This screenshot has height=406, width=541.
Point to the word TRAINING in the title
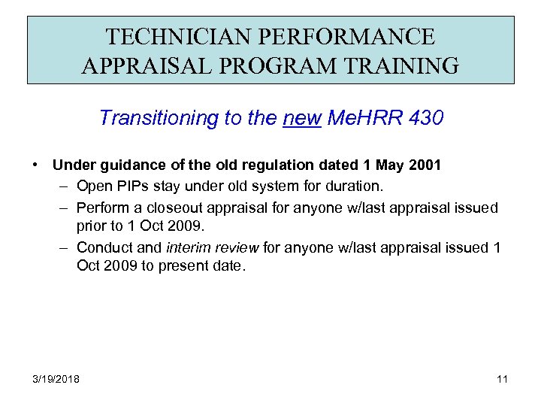(412, 66)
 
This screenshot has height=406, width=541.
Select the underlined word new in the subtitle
(301, 118)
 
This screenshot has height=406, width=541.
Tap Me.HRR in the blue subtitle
(356, 118)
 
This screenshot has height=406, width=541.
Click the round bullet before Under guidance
(35, 165)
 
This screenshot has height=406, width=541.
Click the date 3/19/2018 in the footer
(57, 378)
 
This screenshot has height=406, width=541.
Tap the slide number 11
(503, 378)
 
